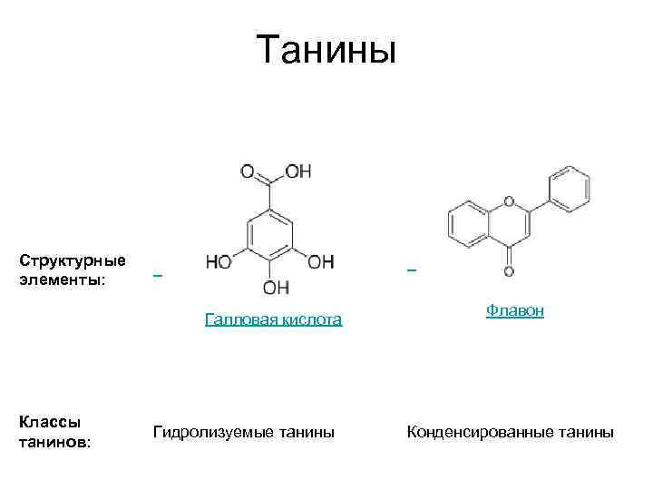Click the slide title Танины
326,50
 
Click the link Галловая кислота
273,319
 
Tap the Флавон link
514,310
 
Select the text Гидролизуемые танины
244,432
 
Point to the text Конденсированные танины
511,432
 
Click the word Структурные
73,260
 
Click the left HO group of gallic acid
219,262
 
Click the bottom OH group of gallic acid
276,288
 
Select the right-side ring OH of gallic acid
320,262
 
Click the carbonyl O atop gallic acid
248,171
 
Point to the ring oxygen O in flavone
508,201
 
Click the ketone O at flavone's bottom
508,270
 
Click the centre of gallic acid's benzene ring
269,234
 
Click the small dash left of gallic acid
157,273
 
